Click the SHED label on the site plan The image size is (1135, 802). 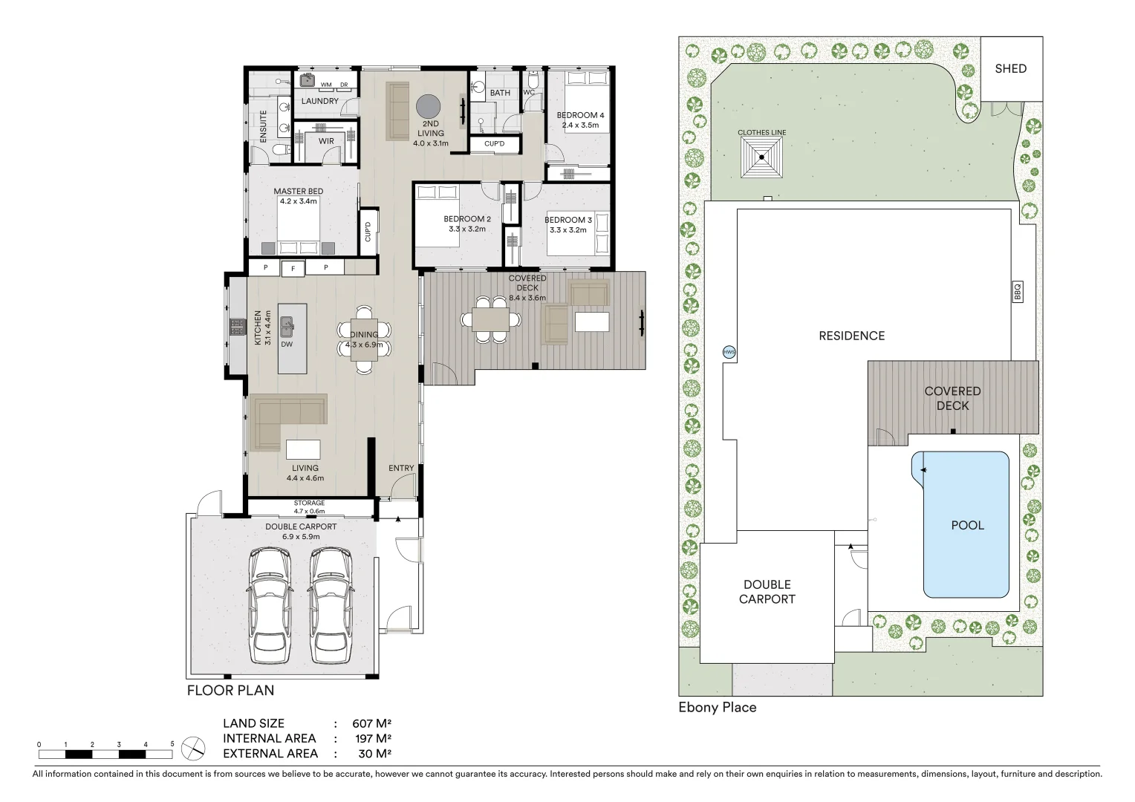coord(1010,69)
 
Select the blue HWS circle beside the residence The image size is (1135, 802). coord(729,352)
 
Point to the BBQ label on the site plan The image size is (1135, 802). coord(1018,291)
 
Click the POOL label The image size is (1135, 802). coord(967,525)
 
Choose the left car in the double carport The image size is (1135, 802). coord(268,605)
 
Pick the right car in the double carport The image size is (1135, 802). coord(331,605)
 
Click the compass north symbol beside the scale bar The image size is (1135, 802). coord(193,747)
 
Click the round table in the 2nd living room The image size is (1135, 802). coord(429,107)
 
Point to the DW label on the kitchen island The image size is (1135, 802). coord(287,345)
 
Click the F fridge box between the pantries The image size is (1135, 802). coord(294,269)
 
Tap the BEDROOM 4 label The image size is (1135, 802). coord(580,115)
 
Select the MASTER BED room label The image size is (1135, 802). coord(298,192)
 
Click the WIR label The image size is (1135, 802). coord(326,141)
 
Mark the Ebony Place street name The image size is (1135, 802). coord(717,708)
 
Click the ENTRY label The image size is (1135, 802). coord(401,468)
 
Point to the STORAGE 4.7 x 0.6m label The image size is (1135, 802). coord(309,506)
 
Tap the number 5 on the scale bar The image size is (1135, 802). coord(172,743)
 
